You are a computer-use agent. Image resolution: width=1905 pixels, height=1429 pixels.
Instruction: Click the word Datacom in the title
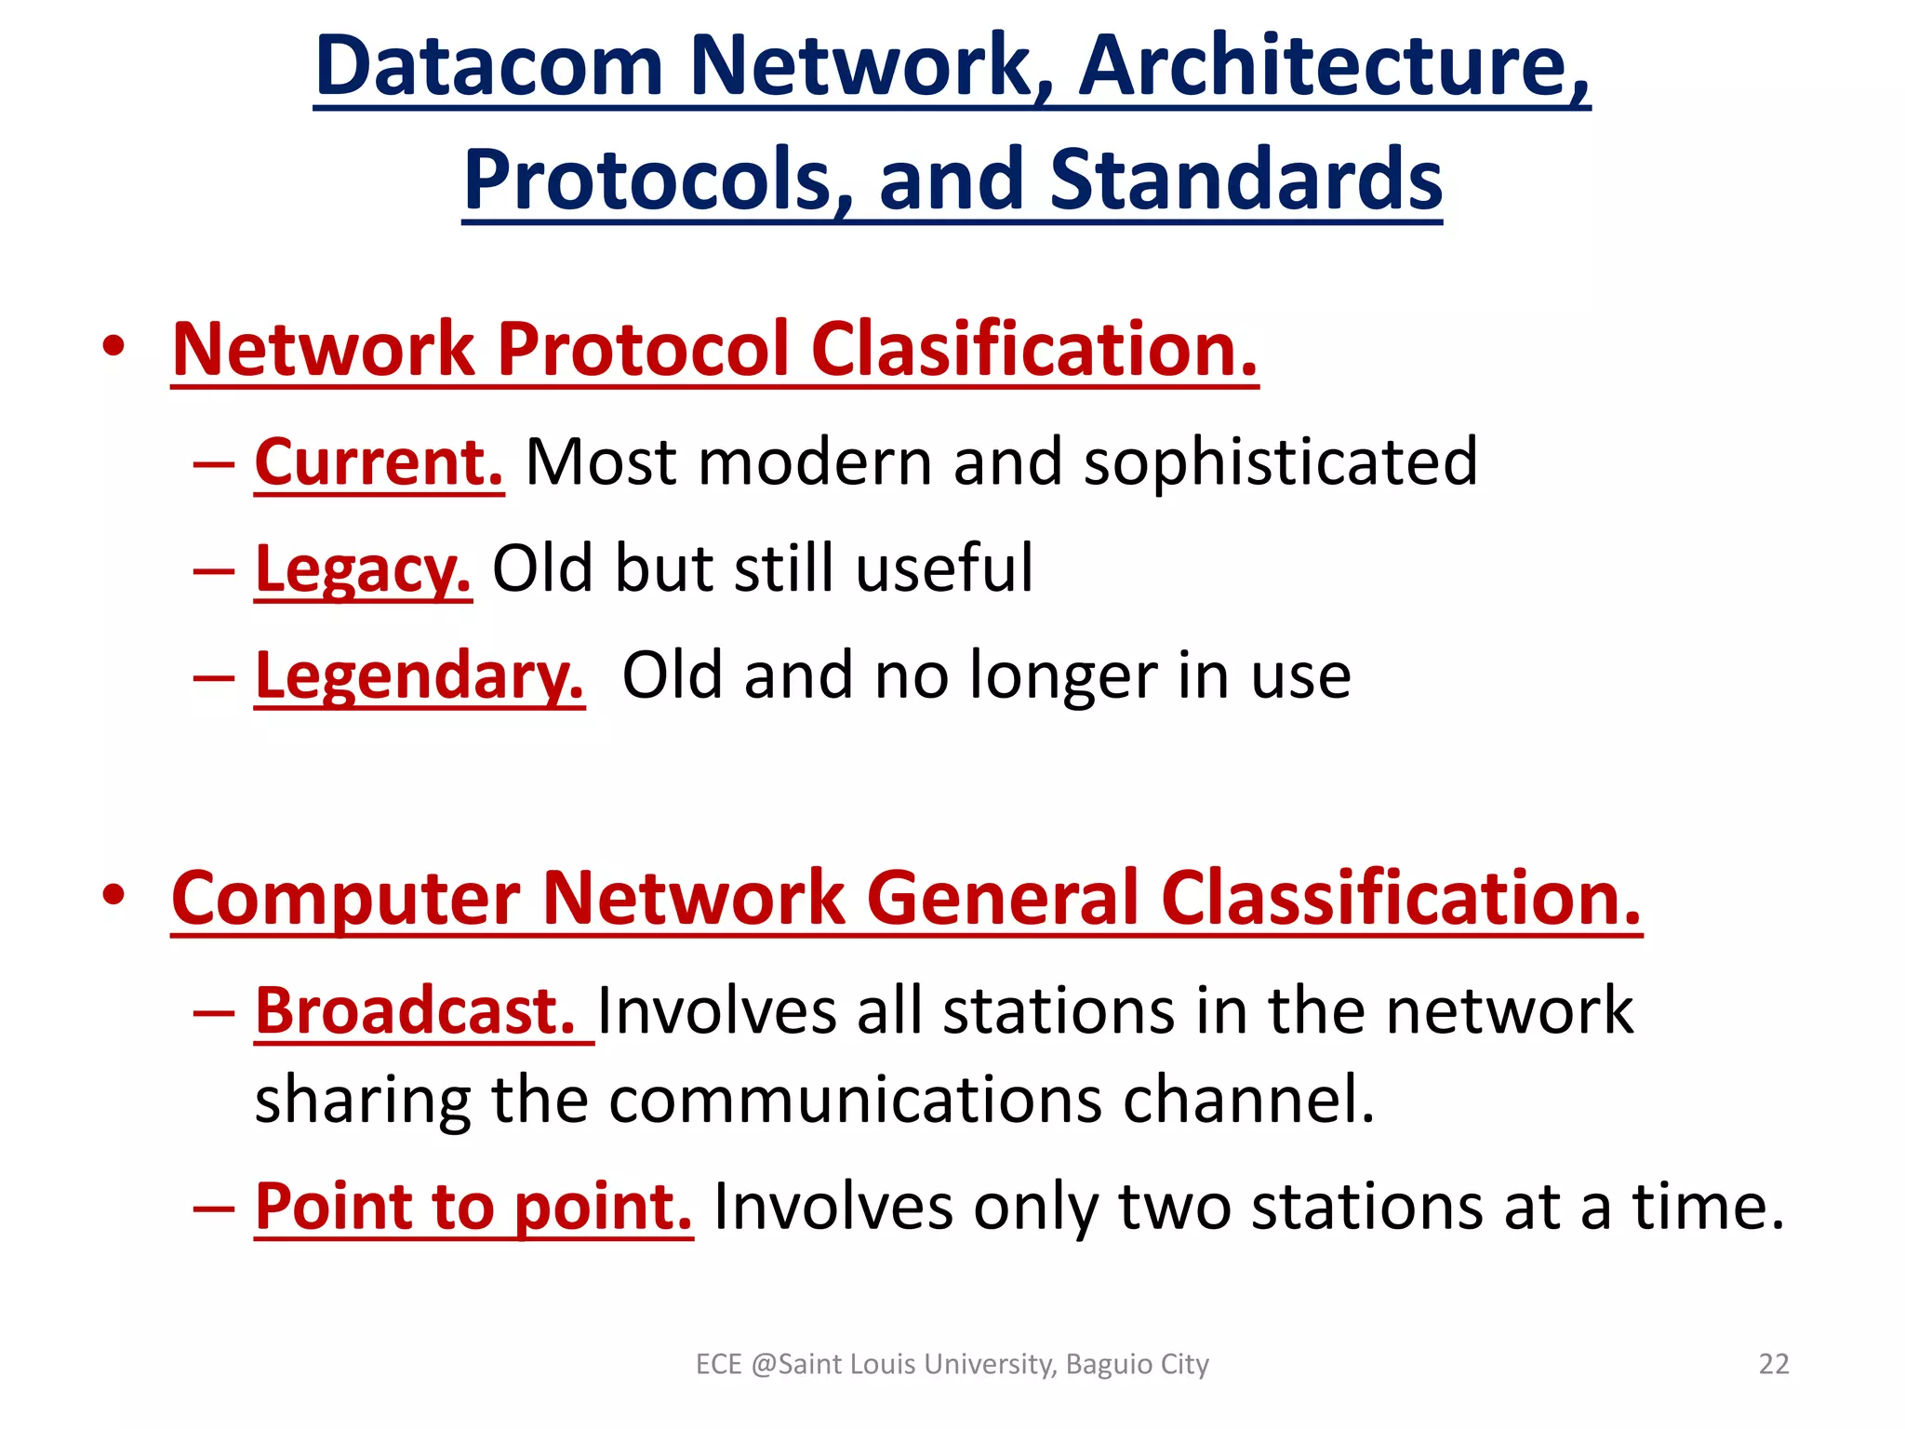point(489,67)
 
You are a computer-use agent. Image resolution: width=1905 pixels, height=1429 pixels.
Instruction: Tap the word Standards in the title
point(1246,180)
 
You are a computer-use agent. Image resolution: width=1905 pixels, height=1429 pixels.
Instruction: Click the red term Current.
point(379,462)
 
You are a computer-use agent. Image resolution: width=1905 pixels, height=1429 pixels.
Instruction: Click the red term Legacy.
point(363,568)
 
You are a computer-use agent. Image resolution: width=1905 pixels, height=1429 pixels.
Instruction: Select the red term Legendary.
point(420,675)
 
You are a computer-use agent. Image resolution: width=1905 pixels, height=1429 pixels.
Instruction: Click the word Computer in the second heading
point(345,899)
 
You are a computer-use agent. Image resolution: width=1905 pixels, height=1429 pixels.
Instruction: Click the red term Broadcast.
point(415,1011)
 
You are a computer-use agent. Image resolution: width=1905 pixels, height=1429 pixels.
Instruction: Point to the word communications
point(855,1100)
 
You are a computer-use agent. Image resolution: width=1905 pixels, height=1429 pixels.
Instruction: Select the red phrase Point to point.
point(473,1207)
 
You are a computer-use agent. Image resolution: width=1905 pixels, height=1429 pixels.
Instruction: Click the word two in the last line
point(1174,1207)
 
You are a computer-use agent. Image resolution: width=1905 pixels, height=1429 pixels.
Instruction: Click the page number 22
point(1773,1364)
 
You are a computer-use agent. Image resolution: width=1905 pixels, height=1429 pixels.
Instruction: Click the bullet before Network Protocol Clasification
point(113,347)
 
